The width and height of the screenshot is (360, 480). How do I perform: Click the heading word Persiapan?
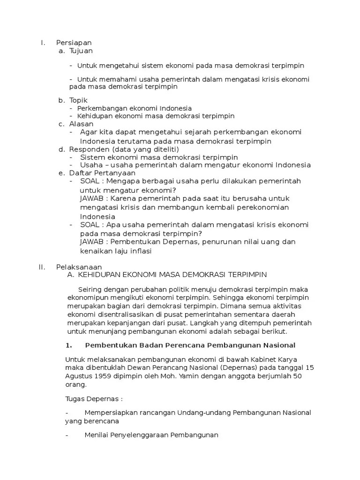[74, 43]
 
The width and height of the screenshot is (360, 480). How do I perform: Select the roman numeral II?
[42, 267]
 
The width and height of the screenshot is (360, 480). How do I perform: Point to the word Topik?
[78, 100]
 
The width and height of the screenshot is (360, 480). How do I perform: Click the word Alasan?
[81, 124]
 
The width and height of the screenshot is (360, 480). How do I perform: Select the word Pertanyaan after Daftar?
[113, 173]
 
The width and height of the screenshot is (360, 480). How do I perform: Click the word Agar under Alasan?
[88, 132]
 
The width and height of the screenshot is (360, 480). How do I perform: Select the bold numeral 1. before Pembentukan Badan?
[68, 345]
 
